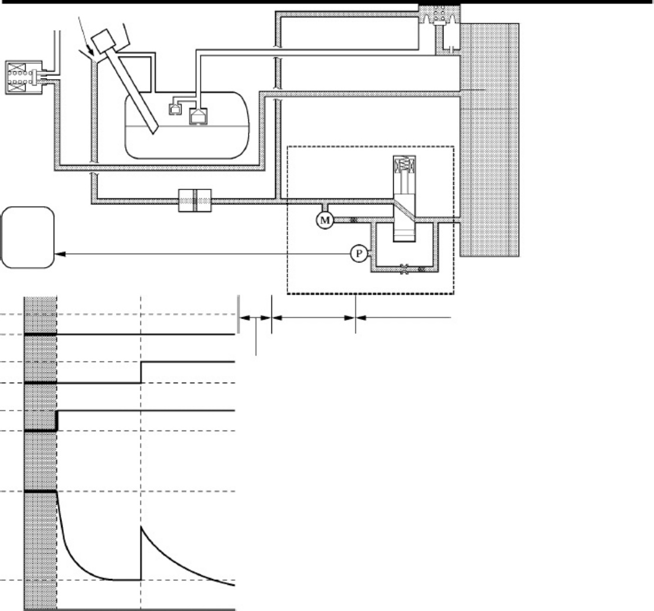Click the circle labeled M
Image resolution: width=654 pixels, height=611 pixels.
(x=325, y=221)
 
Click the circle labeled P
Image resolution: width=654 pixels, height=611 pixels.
(x=359, y=254)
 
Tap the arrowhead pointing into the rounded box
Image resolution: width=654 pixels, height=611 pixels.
(x=60, y=254)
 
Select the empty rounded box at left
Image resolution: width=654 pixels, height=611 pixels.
(x=28, y=238)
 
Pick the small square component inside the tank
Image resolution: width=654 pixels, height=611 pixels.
(x=175, y=109)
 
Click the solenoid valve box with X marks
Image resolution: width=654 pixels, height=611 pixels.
(x=24, y=77)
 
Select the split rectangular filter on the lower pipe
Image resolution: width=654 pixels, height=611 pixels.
(x=195, y=201)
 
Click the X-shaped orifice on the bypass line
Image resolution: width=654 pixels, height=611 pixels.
(x=404, y=270)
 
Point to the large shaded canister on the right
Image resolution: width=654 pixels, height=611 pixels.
(x=489, y=140)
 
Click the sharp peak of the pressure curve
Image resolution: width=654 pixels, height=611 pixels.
(x=142, y=527)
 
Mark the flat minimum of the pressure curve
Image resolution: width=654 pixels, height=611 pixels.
(x=125, y=579)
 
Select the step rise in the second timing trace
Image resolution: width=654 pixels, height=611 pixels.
(x=141, y=372)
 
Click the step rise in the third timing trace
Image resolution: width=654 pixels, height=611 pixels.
(x=57, y=420)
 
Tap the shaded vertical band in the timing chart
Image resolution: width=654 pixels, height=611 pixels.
(x=40, y=454)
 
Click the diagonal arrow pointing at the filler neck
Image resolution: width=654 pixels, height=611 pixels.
(x=86, y=35)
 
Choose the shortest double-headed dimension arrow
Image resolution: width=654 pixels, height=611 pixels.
(x=256, y=318)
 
